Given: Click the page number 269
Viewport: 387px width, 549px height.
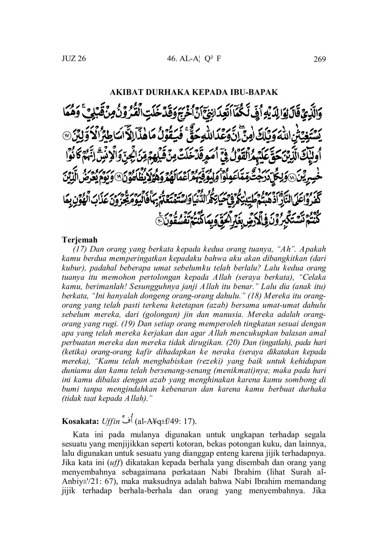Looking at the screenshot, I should click(320, 59).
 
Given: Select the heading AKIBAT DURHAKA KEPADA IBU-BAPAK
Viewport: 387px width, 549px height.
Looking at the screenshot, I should click(193, 92).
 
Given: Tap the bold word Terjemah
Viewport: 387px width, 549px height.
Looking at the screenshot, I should click(79, 240).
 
